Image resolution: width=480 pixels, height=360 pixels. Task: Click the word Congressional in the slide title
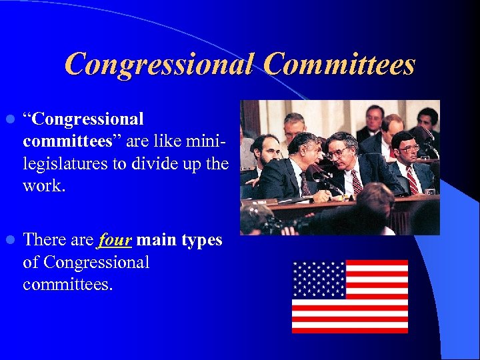(159, 65)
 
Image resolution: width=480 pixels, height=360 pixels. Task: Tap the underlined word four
(115, 241)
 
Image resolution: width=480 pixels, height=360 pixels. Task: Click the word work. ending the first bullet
(44, 185)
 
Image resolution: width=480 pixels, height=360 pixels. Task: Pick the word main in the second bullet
(155, 241)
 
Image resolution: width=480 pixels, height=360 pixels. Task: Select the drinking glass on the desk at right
(431, 190)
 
